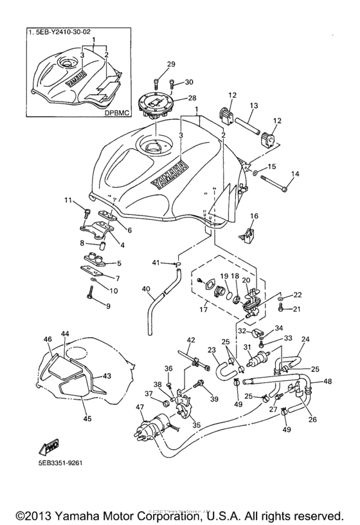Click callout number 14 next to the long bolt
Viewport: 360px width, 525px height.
(x=296, y=174)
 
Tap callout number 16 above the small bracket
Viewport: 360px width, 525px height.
(x=254, y=216)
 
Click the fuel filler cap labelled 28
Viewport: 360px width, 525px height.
(x=154, y=105)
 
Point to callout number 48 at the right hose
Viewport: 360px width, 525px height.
(x=328, y=382)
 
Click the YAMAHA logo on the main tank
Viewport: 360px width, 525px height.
(x=171, y=174)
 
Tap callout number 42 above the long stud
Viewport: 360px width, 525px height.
(x=190, y=340)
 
